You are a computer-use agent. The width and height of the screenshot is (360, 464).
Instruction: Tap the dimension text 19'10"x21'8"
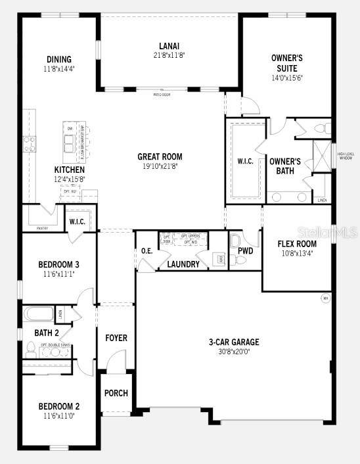coord(160,166)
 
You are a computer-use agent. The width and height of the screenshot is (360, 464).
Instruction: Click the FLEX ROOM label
coord(297,244)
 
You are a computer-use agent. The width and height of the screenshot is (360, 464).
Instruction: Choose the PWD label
coord(246,250)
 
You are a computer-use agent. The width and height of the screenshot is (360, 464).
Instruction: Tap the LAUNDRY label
coord(183,264)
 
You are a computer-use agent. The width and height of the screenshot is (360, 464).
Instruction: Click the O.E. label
coord(146,250)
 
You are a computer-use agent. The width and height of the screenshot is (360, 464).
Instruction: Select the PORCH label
coord(116,393)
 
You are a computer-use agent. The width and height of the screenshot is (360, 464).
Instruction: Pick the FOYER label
coord(116,338)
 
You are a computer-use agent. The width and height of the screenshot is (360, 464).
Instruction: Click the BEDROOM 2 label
coord(58,406)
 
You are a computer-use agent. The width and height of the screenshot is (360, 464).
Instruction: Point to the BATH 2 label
coord(47,333)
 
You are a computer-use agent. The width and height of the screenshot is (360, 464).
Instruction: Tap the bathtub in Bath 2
coord(41,313)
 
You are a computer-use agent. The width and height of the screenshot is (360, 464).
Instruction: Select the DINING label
coord(58,59)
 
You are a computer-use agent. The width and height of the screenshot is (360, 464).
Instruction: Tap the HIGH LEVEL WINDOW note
coord(346,156)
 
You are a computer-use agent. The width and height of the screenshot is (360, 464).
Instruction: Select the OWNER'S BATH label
coord(285,166)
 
